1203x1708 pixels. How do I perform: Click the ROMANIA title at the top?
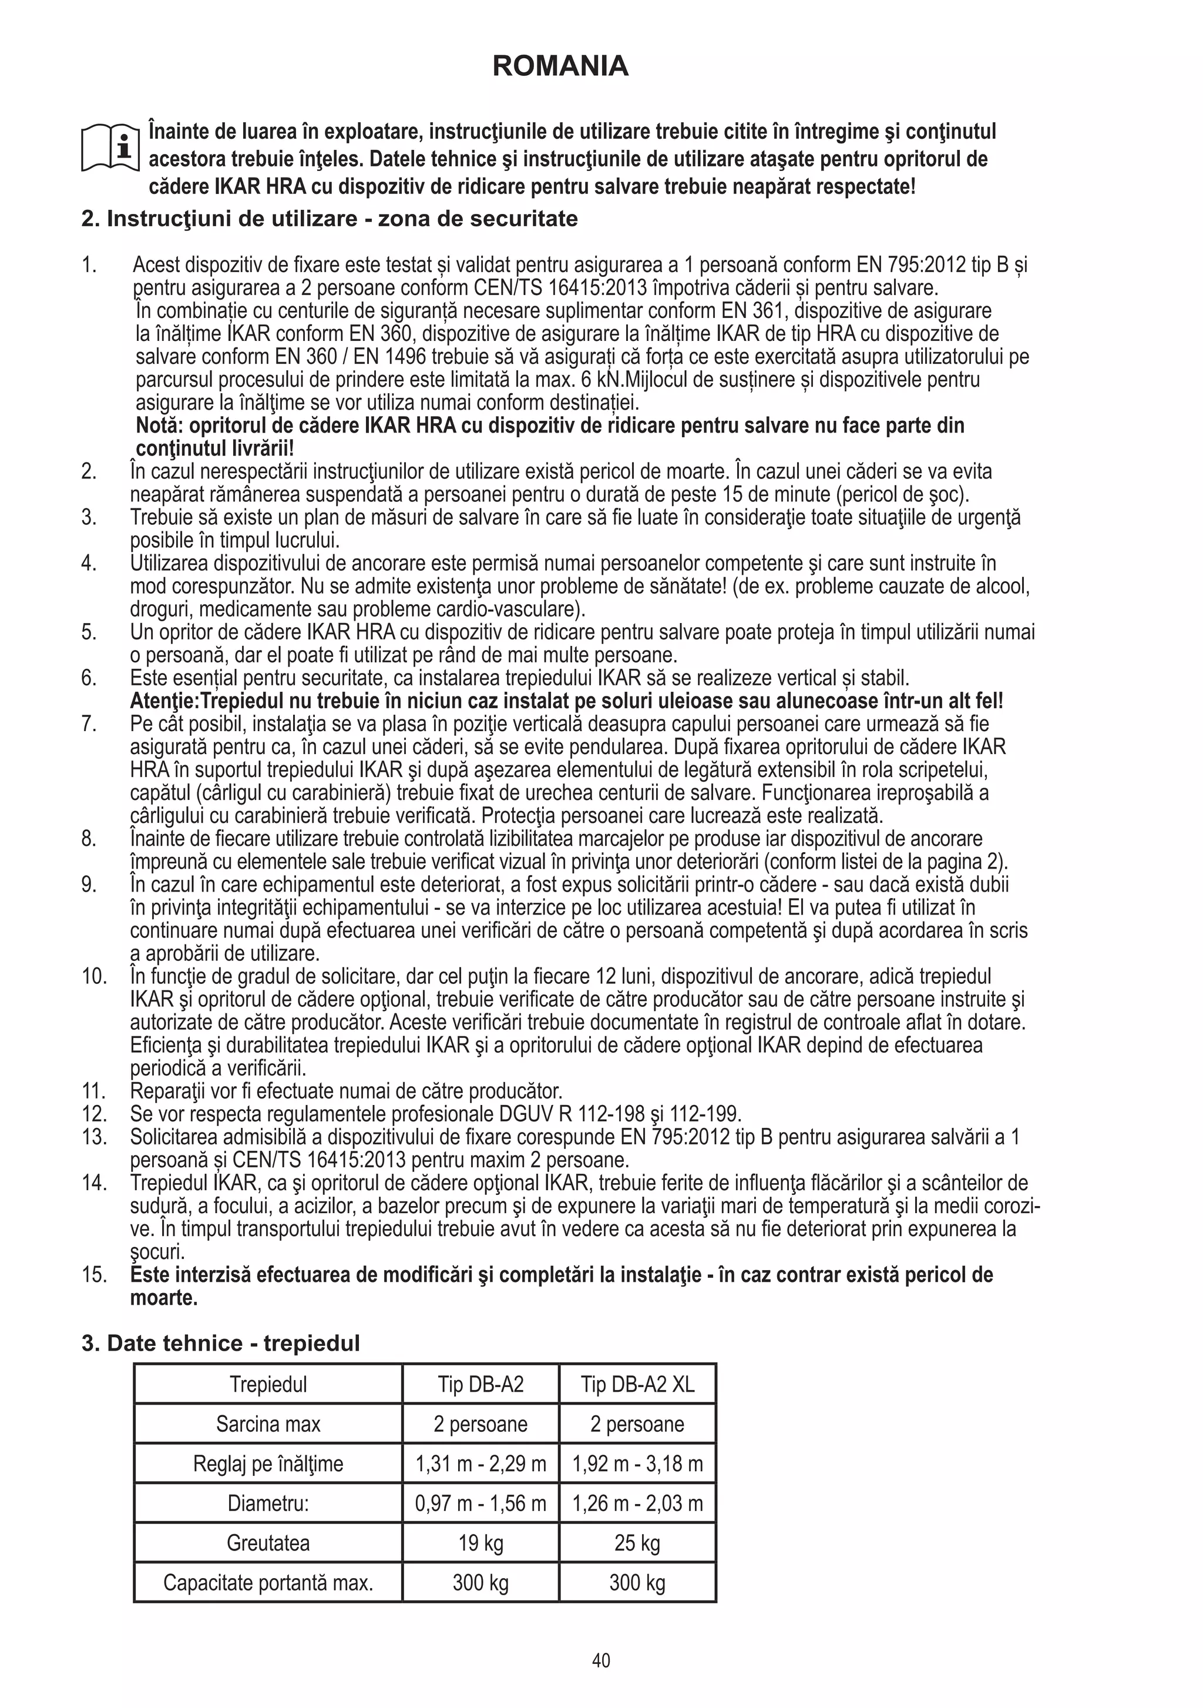pyautogui.click(x=560, y=66)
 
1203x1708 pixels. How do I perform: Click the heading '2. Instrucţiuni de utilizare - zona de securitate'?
pyautogui.click(x=330, y=219)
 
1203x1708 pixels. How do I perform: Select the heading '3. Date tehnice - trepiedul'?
pyautogui.click(x=221, y=1344)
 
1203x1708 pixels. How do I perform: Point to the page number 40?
pyautogui.click(x=601, y=1660)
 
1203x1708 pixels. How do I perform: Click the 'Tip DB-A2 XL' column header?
pyautogui.click(x=637, y=1384)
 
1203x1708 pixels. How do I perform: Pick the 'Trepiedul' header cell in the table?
pyautogui.click(x=268, y=1384)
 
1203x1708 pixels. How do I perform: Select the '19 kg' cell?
pyautogui.click(x=480, y=1543)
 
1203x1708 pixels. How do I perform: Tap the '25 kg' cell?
pyautogui.click(x=637, y=1543)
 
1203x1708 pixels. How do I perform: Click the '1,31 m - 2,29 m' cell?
pyautogui.click(x=480, y=1464)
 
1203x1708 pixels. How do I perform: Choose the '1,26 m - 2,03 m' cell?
pyautogui.click(x=637, y=1503)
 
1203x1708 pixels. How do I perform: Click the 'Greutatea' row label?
pyautogui.click(x=268, y=1543)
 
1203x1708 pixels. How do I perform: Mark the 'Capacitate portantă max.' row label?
pyautogui.click(x=268, y=1582)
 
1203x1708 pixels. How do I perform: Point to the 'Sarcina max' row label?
pyautogui.click(x=268, y=1424)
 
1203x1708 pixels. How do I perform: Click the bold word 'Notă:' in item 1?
pyautogui.click(x=160, y=426)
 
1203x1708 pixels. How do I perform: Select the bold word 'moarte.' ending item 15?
pyautogui.click(x=164, y=1298)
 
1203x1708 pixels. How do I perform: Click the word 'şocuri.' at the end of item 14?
pyautogui.click(x=157, y=1252)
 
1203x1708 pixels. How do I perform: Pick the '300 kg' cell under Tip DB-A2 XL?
pyautogui.click(x=637, y=1582)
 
